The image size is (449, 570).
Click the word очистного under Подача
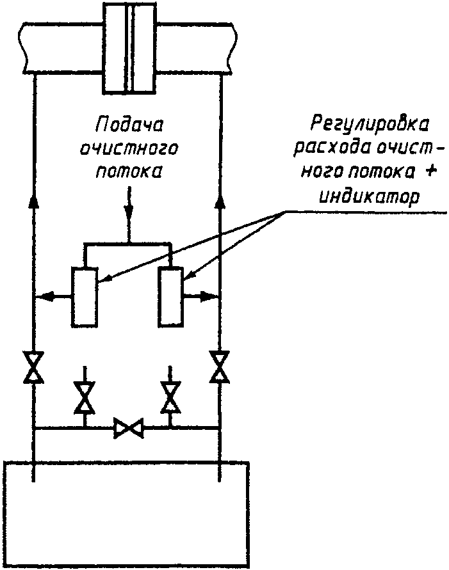pyautogui.click(x=129, y=148)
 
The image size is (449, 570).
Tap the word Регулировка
pyautogui.click(x=370, y=125)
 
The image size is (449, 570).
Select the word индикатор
pyautogui.click(x=370, y=196)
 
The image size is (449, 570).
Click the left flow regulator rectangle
pyautogui.click(x=85, y=297)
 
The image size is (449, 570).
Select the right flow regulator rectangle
pyautogui.click(x=170, y=296)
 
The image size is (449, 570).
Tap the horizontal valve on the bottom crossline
pyautogui.click(x=129, y=428)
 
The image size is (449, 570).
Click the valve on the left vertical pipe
pyautogui.click(x=33, y=367)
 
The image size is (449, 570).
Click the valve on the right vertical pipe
pyautogui.click(x=220, y=367)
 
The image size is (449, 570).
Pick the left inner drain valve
pyautogui.click(x=85, y=398)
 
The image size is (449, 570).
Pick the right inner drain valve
pyautogui.click(x=170, y=398)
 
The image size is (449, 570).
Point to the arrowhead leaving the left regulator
pyautogui.click(x=47, y=297)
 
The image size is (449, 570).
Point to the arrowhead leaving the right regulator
pyautogui.click(x=208, y=296)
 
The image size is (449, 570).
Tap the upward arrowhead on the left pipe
pyautogui.click(x=34, y=201)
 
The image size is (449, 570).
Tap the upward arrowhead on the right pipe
pyautogui.click(x=220, y=201)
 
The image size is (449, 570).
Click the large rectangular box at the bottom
pyautogui.click(x=127, y=514)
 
